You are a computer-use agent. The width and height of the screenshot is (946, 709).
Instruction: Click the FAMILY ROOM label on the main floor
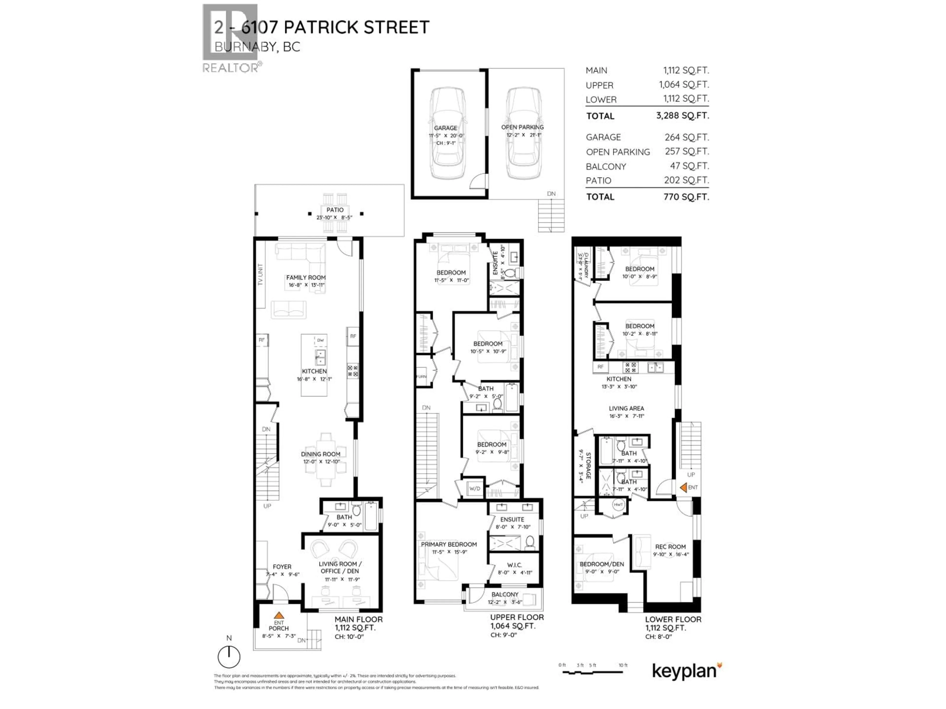click(x=306, y=277)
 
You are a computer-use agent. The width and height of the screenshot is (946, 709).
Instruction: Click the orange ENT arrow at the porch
click(x=279, y=615)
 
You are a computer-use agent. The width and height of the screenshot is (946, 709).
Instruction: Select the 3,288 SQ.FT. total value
click(x=683, y=115)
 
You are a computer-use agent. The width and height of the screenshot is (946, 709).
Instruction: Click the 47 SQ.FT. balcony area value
click(x=689, y=166)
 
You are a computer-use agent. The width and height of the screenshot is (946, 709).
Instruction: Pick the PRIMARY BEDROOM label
click(x=449, y=545)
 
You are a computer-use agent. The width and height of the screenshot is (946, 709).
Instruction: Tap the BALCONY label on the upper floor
click(x=505, y=595)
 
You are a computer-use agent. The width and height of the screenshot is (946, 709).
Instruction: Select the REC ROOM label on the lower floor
click(x=670, y=547)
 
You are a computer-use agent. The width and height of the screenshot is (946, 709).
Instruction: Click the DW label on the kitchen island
click(x=320, y=340)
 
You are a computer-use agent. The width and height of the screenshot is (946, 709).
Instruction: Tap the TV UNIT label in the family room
click(x=260, y=275)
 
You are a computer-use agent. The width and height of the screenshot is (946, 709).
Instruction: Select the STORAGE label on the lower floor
click(x=588, y=465)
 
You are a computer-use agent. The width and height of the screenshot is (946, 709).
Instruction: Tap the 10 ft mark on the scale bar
click(x=623, y=665)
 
